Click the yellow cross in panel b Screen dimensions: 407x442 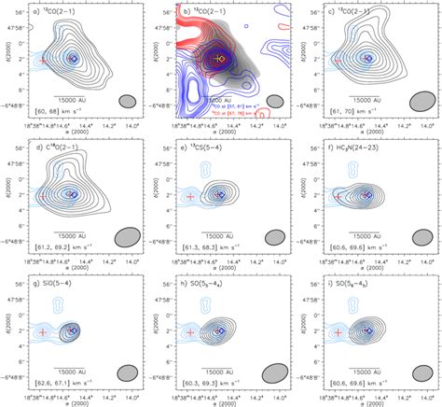(x=220, y=58)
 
